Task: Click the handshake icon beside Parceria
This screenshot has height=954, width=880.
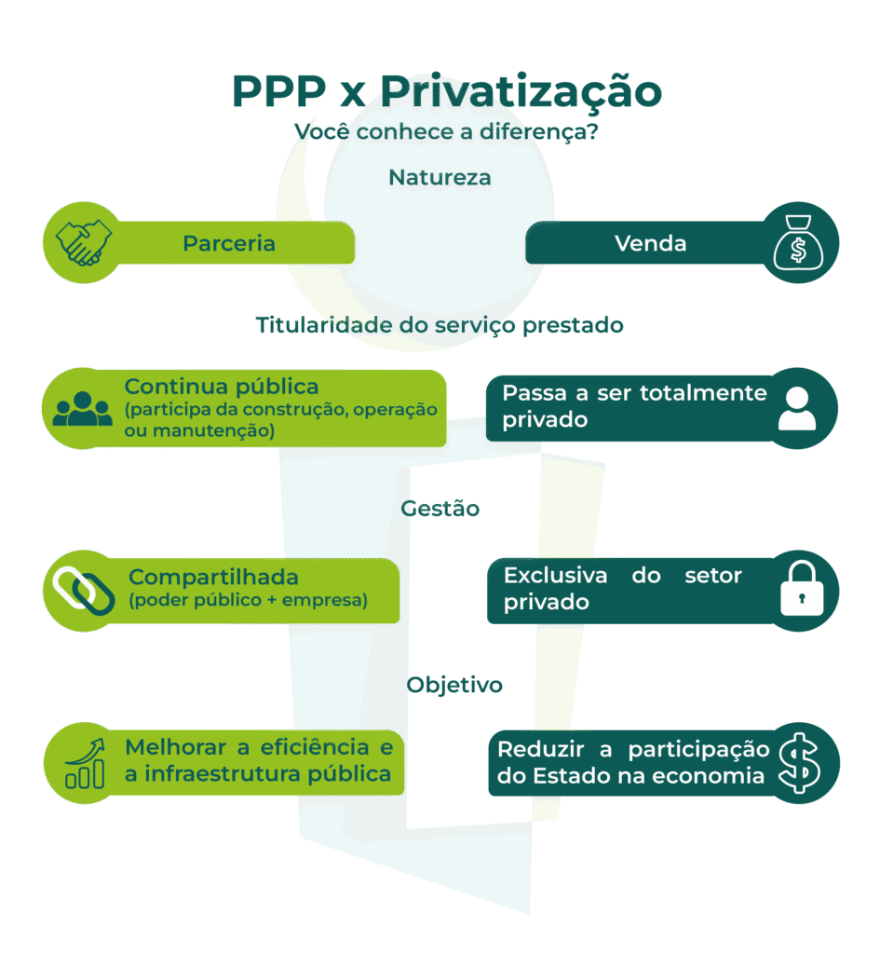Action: (x=83, y=243)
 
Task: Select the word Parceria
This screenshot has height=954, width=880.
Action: (x=229, y=244)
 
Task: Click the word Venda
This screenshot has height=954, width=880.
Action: (x=650, y=244)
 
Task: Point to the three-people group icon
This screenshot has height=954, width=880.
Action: (x=82, y=409)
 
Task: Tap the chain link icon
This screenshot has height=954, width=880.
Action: (x=83, y=590)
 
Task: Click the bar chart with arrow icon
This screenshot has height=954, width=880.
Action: (x=84, y=763)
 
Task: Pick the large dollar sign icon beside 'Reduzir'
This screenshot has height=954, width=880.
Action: (x=799, y=763)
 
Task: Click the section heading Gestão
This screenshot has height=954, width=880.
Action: (x=440, y=509)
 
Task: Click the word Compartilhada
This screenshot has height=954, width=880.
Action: (x=213, y=577)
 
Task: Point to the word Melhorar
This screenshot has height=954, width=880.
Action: (x=183, y=747)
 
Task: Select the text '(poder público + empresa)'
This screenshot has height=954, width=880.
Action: (x=248, y=601)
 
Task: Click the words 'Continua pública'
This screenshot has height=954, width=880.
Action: (x=222, y=387)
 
